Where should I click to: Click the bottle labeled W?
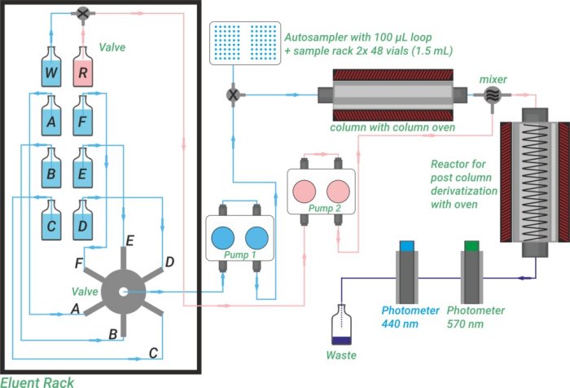coord(52,71)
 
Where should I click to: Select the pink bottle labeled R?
coord(85,71)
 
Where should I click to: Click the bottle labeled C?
coord(52,222)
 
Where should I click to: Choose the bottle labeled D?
coord(85,222)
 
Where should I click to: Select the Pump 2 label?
coord(322,209)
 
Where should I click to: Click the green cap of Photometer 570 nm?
coord(471,245)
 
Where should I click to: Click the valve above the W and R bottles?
coord(83,13)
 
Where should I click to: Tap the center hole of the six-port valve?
coord(122,292)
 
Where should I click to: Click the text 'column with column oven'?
coord(379,128)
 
